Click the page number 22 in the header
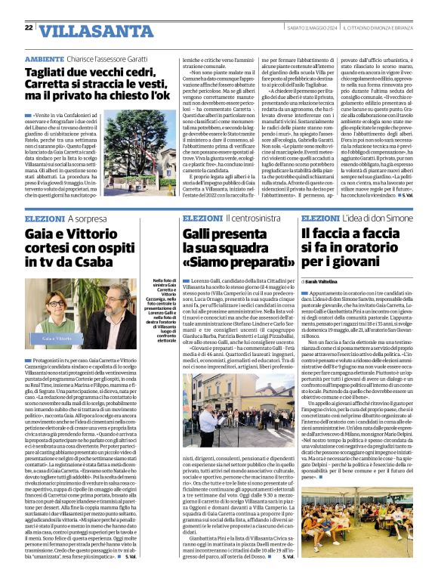pyautogui.click(x=29, y=28)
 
